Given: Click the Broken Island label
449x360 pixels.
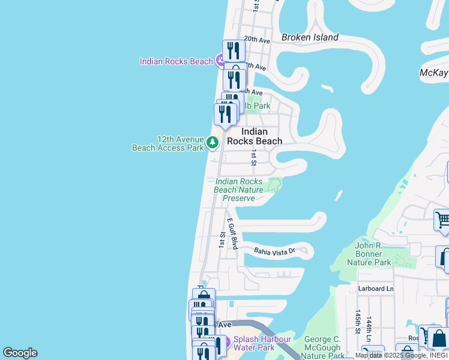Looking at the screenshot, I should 310,37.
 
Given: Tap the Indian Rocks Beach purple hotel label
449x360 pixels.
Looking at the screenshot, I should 176,61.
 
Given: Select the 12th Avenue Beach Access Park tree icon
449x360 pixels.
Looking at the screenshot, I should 212,142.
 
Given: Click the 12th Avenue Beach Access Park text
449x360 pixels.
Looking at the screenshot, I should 168,143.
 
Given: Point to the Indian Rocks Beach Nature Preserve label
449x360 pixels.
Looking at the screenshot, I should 239,190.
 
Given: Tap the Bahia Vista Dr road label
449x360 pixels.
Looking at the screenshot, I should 275,251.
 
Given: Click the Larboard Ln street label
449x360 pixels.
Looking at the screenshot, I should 376,289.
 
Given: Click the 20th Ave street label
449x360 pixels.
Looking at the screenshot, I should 258,40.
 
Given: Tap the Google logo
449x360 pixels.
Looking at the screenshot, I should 20,353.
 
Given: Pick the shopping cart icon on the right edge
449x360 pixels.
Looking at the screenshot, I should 442,220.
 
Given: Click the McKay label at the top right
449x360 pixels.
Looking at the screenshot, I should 433,73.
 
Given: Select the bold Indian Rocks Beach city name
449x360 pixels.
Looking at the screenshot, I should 261,136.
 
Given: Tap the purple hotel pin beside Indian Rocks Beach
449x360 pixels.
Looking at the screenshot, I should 220,60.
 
